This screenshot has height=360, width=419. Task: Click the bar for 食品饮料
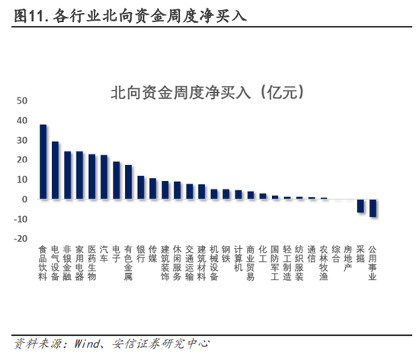point(43,161)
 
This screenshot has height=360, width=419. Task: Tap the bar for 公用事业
point(373,208)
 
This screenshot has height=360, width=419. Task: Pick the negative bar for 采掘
point(360,205)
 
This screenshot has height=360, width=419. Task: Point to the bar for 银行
point(141,187)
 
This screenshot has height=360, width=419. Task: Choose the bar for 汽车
point(104,177)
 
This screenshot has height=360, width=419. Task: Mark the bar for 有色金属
point(129,182)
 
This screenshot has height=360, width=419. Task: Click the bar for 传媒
point(153,189)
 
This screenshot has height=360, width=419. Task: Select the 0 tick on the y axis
point(25,199)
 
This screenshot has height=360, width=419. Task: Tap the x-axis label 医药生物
point(92,263)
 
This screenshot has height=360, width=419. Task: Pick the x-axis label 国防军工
point(275,263)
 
